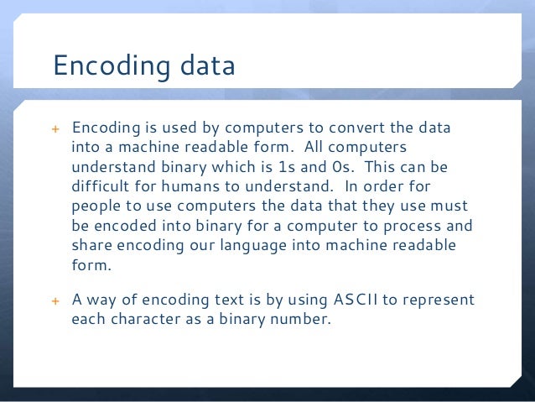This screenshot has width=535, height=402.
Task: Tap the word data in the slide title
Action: [206, 65]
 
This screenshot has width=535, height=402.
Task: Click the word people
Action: [98, 206]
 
